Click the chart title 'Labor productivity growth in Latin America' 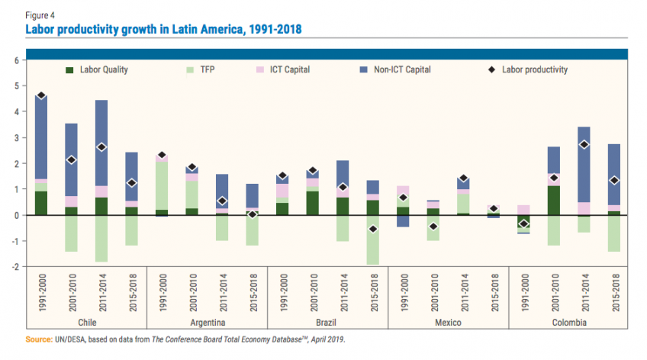pyautogui.click(x=163, y=29)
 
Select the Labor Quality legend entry pyautogui.click(x=103, y=70)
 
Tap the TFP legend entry pyautogui.click(x=206, y=70)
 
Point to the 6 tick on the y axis pyautogui.click(x=15, y=60)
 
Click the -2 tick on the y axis pyautogui.click(x=14, y=267)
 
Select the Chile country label pyautogui.click(x=87, y=323)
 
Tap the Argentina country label pyautogui.click(x=208, y=323)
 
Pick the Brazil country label pyautogui.click(x=328, y=323)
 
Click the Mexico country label pyautogui.click(x=449, y=323)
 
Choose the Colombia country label pyautogui.click(x=568, y=323)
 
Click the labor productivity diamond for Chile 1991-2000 pyautogui.click(x=41, y=96)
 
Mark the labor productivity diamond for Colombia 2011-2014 pyautogui.click(x=584, y=144)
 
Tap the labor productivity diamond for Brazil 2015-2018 pyautogui.click(x=373, y=229)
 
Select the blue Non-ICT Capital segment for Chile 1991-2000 pyautogui.click(x=41, y=137)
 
